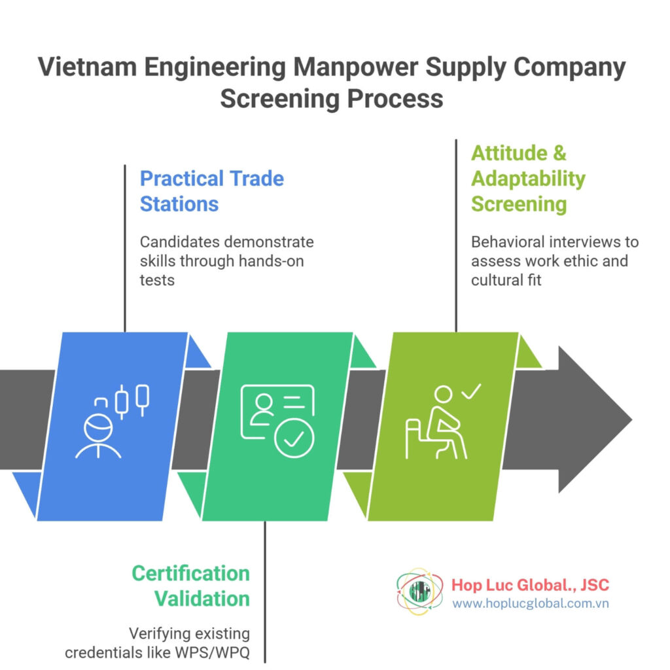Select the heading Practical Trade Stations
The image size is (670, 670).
pyautogui.click(x=212, y=190)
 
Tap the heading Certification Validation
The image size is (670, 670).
pyautogui.click(x=190, y=586)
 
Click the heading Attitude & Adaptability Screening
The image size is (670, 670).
pyautogui.click(x=528, y=178)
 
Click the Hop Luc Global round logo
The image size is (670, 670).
pyautogui.click(x=417, y=591)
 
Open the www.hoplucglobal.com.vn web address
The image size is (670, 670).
pyautogui.click(x=530, y=603)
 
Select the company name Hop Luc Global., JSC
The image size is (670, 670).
pyautogui.click(x=530, y=584)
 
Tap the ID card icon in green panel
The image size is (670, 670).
pyautogui.click(x=277, y=419)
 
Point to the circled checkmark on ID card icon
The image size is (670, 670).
pyautogui.click(x=294, y=436)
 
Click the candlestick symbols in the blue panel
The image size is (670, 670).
pyautogui.click(x=132, y=399)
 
